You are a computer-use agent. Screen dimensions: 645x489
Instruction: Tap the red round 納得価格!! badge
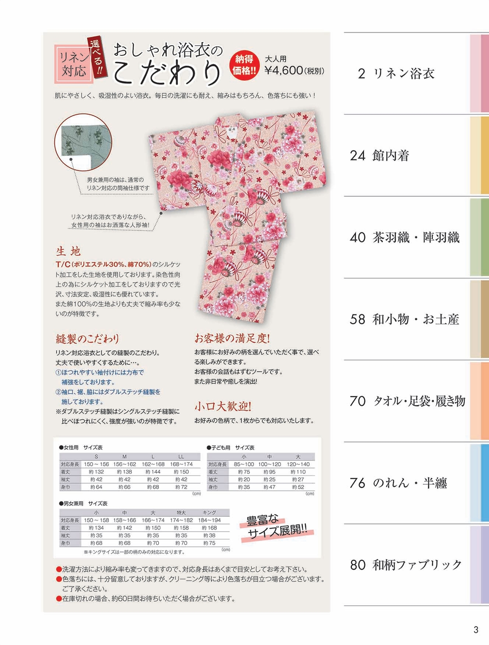coord(244,65)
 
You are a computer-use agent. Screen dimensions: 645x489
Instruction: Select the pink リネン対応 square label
coord(74,64)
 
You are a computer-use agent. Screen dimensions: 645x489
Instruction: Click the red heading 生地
coord(68,251)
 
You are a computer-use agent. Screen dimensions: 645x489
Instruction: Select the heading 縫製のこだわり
coord(87,339)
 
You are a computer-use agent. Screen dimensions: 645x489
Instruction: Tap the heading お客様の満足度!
coord(232,338)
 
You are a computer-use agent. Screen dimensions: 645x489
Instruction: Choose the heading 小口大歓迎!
coord(223,406)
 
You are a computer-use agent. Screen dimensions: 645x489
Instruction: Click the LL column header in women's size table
coord(181,456)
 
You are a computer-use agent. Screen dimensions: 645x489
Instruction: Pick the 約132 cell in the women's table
coord(96,472)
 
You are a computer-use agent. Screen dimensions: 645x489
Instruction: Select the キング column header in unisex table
coord(209,513)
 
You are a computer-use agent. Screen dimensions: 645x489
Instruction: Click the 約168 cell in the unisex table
coord(209,528)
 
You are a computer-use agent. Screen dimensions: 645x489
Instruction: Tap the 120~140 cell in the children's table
coord(298,464)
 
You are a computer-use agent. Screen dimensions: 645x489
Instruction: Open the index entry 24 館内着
coord(379,155)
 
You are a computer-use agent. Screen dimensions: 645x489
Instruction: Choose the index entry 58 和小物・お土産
coord(404,319)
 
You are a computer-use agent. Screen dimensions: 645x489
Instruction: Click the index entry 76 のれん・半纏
coord(398,483)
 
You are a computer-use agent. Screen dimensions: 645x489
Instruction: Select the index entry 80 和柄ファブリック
coord(406,565)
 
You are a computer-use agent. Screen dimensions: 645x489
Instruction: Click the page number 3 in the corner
coord(476,630)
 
